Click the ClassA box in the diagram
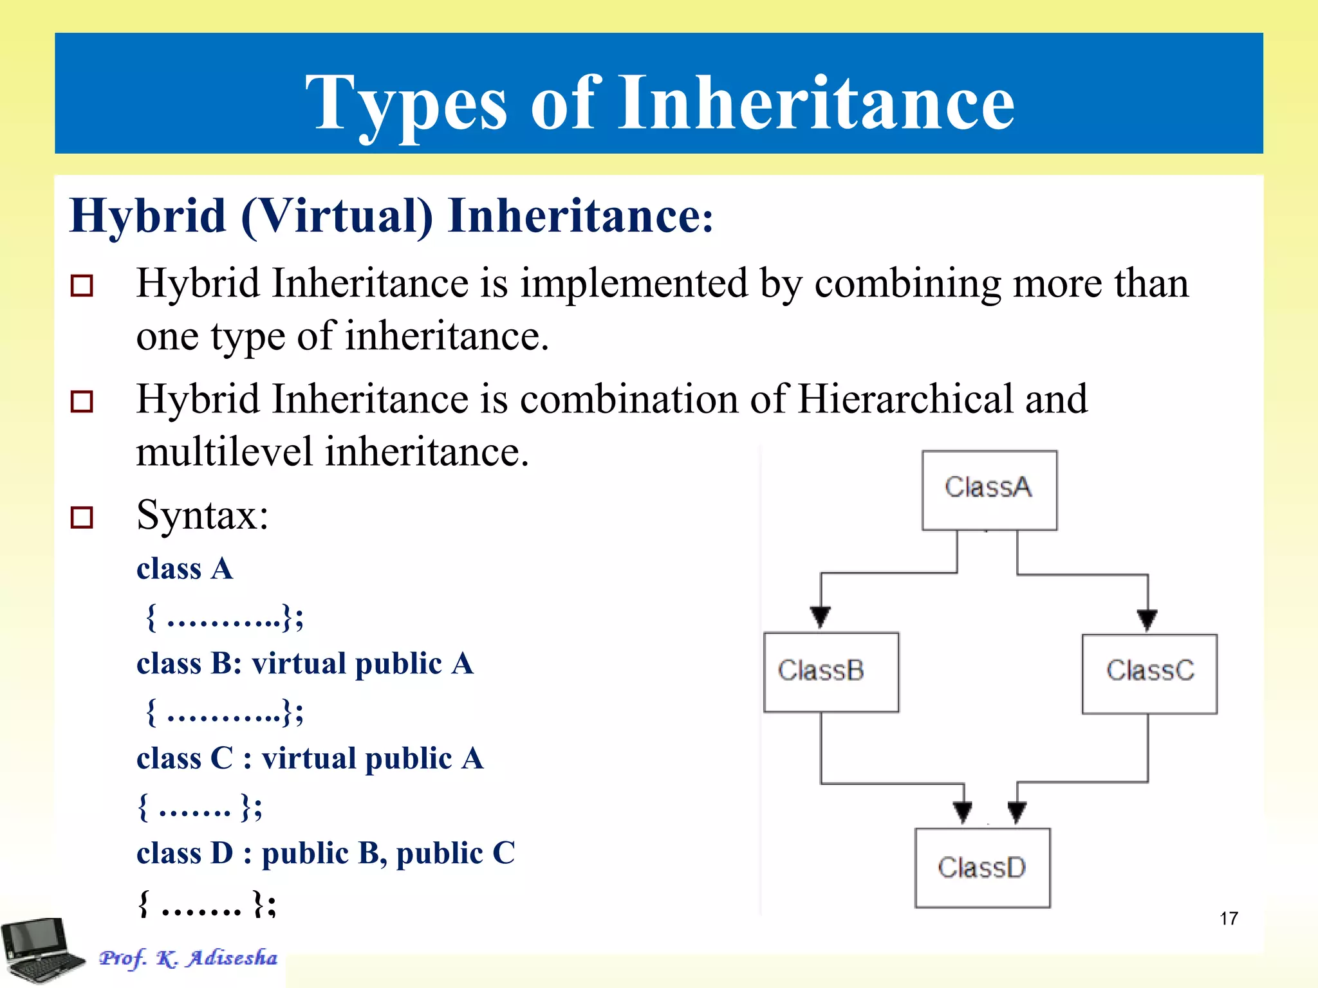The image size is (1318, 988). point(989,490)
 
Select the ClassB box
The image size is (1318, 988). point(831,672)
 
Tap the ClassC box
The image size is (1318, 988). point(1149,673)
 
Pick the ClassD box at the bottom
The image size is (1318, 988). point(982,868)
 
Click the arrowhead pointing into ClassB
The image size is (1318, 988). point(820,616)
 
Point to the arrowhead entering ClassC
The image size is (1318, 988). point(1147,619)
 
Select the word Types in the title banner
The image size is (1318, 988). point(406,103)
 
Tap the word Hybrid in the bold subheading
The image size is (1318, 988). point(148,215)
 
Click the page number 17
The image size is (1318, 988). point(1229,919)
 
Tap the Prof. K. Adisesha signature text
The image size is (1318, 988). point(188,958)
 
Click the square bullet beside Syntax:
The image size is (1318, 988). point(82,517)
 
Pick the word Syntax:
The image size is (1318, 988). point(202,515)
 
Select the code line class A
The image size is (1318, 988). point(185,569)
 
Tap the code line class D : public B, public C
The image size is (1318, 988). point(326,854)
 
